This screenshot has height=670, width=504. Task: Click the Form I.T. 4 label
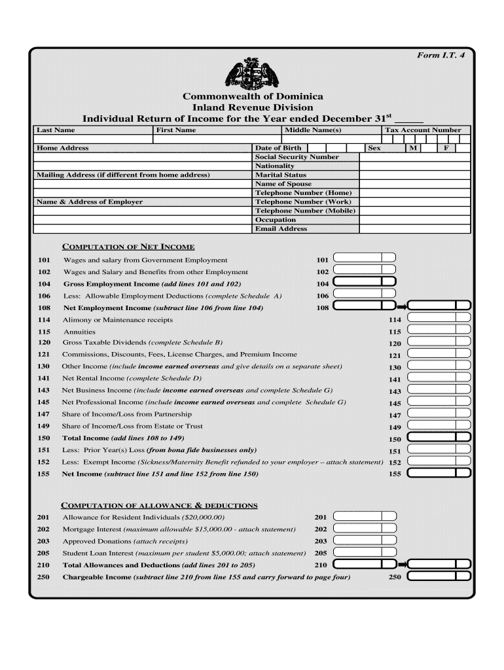[441, 56]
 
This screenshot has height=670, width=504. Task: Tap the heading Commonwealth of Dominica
[253, 96]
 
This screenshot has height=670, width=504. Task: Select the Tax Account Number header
[427, 130]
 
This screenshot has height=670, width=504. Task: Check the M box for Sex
[413, 149]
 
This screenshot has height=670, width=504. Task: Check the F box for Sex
[446, 149]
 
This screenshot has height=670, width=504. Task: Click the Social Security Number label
[297, 157]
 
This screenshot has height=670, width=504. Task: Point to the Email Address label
[281, 229]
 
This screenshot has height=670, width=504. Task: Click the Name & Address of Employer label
[90, 202]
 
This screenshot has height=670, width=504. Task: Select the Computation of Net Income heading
[128, 247]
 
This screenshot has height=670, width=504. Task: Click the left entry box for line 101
[365, 258]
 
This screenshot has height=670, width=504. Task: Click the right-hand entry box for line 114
[439, 317]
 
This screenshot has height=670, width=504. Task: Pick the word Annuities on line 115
[79, 332]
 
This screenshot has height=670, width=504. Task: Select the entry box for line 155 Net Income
[439, 473]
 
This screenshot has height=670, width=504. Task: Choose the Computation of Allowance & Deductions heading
[159, 505]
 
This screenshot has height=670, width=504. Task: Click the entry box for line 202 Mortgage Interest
[365, 528]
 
